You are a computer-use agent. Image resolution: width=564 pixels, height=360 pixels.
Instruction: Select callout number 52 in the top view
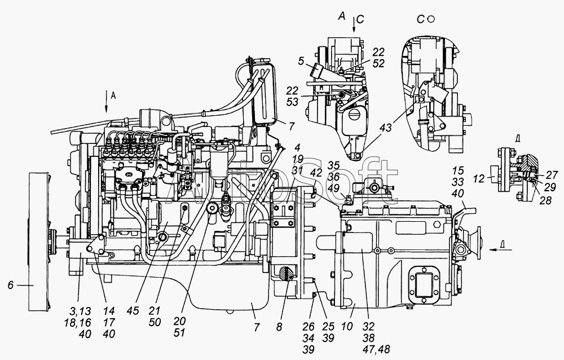(379, 64)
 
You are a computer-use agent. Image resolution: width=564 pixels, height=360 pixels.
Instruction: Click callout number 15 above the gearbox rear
(457, 169)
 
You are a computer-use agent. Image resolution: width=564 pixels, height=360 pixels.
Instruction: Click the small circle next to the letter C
(431, 19)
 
